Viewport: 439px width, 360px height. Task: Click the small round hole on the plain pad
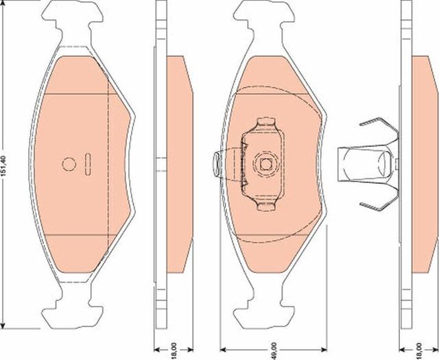[x=69, y=164]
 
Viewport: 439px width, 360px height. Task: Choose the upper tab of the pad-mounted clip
[x=264, y=125]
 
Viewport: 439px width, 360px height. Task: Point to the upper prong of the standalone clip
[x=377, y=126]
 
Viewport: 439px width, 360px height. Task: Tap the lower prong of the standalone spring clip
[x=377, y=203]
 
